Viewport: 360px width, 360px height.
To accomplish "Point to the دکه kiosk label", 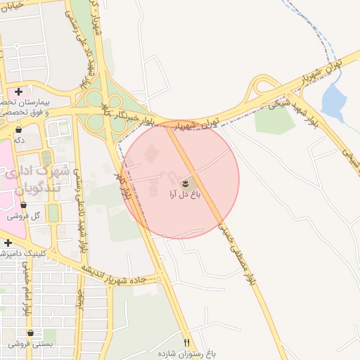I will [19, 140].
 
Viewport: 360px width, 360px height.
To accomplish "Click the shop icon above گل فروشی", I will [24, 205].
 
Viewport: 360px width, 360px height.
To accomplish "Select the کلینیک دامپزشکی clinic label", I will [27, 252].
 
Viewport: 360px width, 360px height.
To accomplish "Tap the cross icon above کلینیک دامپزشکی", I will [8, 243].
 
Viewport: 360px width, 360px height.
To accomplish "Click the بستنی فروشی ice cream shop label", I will [30, 344].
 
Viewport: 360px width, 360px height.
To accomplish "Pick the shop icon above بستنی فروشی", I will [30, 333].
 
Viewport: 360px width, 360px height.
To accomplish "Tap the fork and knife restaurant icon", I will [186, 342].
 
